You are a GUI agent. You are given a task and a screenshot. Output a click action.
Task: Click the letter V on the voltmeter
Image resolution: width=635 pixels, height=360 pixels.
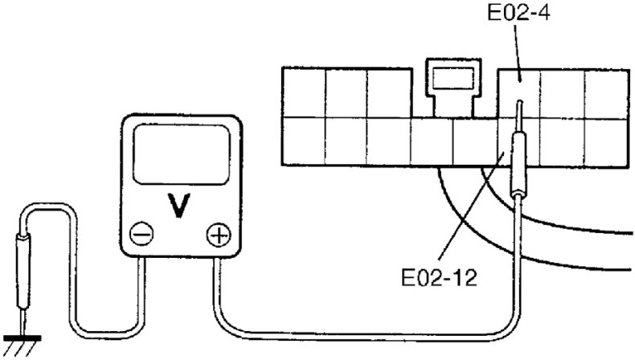(x=181, y=206)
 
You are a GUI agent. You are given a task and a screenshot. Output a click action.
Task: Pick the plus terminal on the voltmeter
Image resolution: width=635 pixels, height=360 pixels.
(x=218, y=235)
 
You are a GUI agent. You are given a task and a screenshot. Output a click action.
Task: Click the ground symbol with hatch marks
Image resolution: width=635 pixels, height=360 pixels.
(x=23, y=342)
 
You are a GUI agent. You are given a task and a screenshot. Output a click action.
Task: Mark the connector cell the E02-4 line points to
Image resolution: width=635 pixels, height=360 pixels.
(x=519, y=90)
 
